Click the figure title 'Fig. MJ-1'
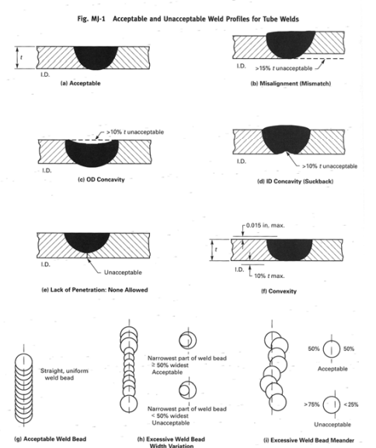91,19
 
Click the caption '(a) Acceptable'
80,83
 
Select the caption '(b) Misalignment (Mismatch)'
291,84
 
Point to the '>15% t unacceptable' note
284,68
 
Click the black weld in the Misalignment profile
291,45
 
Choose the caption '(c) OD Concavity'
101,179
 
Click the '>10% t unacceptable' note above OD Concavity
135,132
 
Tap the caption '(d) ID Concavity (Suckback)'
295,182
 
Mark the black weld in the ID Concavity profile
286,140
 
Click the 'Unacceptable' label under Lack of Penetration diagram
123,273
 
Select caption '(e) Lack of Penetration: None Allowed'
95,290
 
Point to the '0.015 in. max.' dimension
266,225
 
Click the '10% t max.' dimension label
270,276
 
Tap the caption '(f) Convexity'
279,291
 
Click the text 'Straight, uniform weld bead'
64,374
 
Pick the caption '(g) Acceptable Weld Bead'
50,439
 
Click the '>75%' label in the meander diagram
312,405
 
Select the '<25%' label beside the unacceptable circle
351,405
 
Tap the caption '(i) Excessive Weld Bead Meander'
309,440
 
